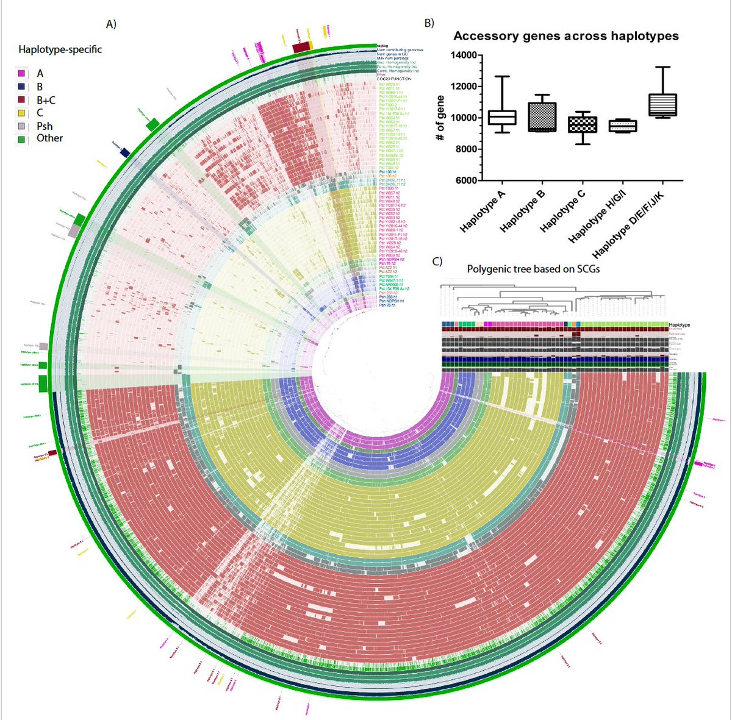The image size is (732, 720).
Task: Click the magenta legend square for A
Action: (22, 74)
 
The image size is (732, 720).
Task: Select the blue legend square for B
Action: (22, 87)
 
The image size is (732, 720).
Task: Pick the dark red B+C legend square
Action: (22, 100)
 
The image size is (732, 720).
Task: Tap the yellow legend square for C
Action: (22, 113)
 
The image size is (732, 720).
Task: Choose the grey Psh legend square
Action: (22, 126)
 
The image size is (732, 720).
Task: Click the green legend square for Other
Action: (22, 138)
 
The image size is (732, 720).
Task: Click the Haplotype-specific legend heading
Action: (60, 49)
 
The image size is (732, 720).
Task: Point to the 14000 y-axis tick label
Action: (464, 55)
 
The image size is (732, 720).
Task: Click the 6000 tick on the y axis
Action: (466, 180)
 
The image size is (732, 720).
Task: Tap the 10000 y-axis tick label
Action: (464, 118)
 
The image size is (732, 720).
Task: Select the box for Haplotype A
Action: (502, 118)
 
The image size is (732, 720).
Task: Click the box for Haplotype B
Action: (542, 117)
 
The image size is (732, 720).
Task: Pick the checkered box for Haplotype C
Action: (582, 124)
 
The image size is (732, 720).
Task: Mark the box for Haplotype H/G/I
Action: (622, 126)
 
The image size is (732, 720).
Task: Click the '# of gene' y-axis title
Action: (440, 119)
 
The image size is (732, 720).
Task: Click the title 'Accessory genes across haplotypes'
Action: (565, 36)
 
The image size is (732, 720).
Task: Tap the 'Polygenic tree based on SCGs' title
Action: (533, 269)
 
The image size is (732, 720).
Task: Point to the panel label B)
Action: (429, 23)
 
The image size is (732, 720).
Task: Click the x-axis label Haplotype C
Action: (562, 211)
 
